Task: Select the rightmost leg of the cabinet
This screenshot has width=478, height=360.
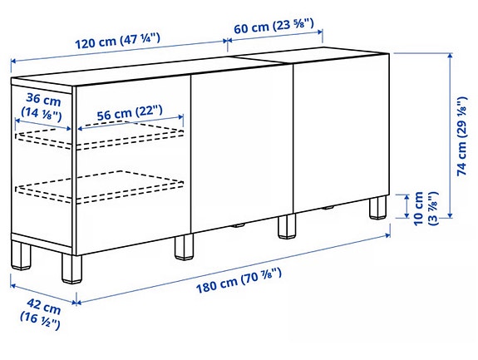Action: pos(380,208)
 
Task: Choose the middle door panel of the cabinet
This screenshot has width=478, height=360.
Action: pos(241,150)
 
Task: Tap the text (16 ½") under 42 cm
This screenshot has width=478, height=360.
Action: pos(38,323)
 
